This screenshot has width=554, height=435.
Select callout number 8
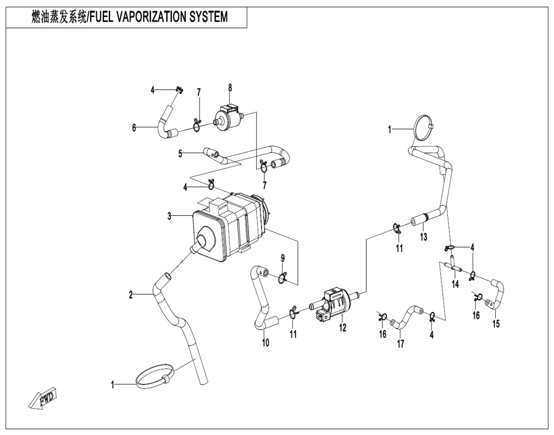tap(230, 87)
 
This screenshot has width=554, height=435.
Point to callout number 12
tap(343, 328)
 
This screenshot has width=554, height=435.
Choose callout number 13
tap(424, 237)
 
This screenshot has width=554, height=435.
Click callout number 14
tap(455, 284)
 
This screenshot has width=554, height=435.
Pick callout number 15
tap(496, 323)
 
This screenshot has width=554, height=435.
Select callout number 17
tap(401, 344)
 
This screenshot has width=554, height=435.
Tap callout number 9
tap(283, 258)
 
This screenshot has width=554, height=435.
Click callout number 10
tap(265, 343)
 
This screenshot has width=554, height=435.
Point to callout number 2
tap(131, 295)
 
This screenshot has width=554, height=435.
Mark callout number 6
tap(134, 127)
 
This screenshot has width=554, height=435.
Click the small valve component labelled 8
tap(228, 116)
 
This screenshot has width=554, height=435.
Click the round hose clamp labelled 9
tap(282, 277)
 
